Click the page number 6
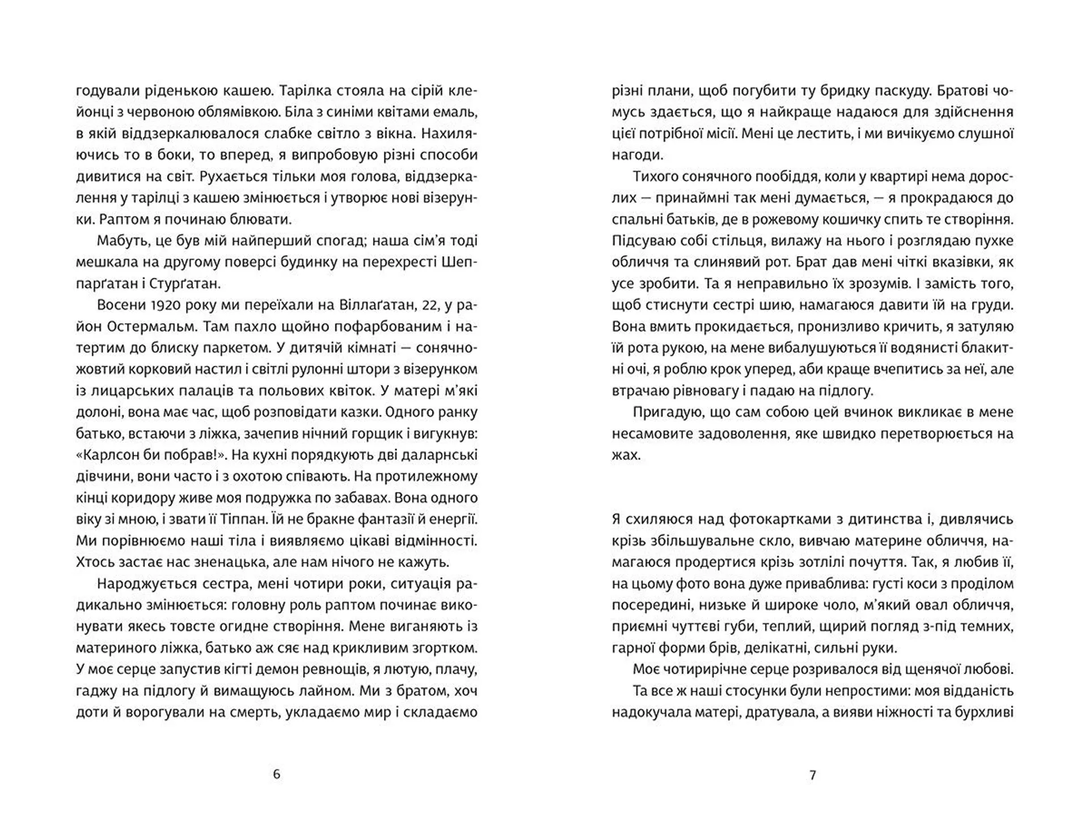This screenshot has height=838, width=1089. coord(276,774)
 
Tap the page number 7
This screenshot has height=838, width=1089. coord(812,774)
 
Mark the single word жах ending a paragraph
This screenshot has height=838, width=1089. coord(626,455)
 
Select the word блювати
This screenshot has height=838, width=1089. coord(272,219)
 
